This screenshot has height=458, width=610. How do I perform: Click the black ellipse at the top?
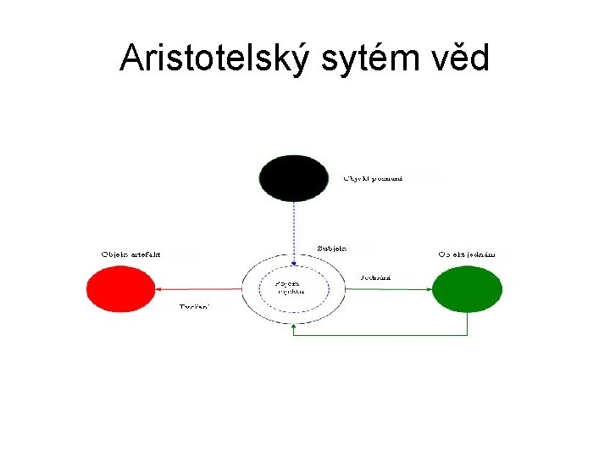pyautogui.click(x=293, y=178)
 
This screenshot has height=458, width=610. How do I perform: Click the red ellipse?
pyautogui.click(x=121, y=289)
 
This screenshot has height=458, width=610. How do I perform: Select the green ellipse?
pyautogui.click(x=467, y=289)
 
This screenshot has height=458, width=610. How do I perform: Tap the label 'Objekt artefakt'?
pyautogui.click(x=131, y=254)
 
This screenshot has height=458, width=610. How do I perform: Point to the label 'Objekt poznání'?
pyautogui.click(x=373, y=178)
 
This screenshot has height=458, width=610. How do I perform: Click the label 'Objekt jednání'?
pyautogui.click(x=467, y=254)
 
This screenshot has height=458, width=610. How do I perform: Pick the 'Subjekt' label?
pyautogui.click(x=333, y=249)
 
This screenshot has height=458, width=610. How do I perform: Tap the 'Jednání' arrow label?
pyautogui.click(x=375, y=277)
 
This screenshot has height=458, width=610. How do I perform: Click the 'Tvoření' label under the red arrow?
pyautogui.click(x=194, y=305)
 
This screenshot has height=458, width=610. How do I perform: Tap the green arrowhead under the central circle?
pyautogui.click(x=293, y=325)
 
